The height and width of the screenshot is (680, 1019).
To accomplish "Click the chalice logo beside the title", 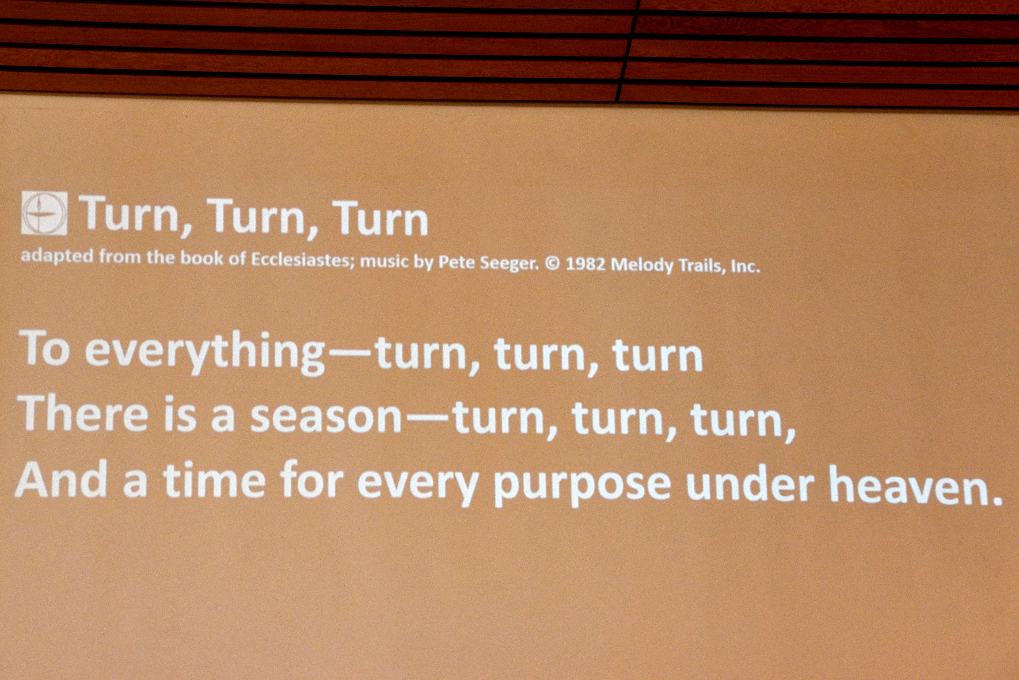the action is pyautogui.click(x=44, y=213).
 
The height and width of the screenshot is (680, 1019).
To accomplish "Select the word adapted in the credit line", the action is pyautogui.click(x=57, y=256).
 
